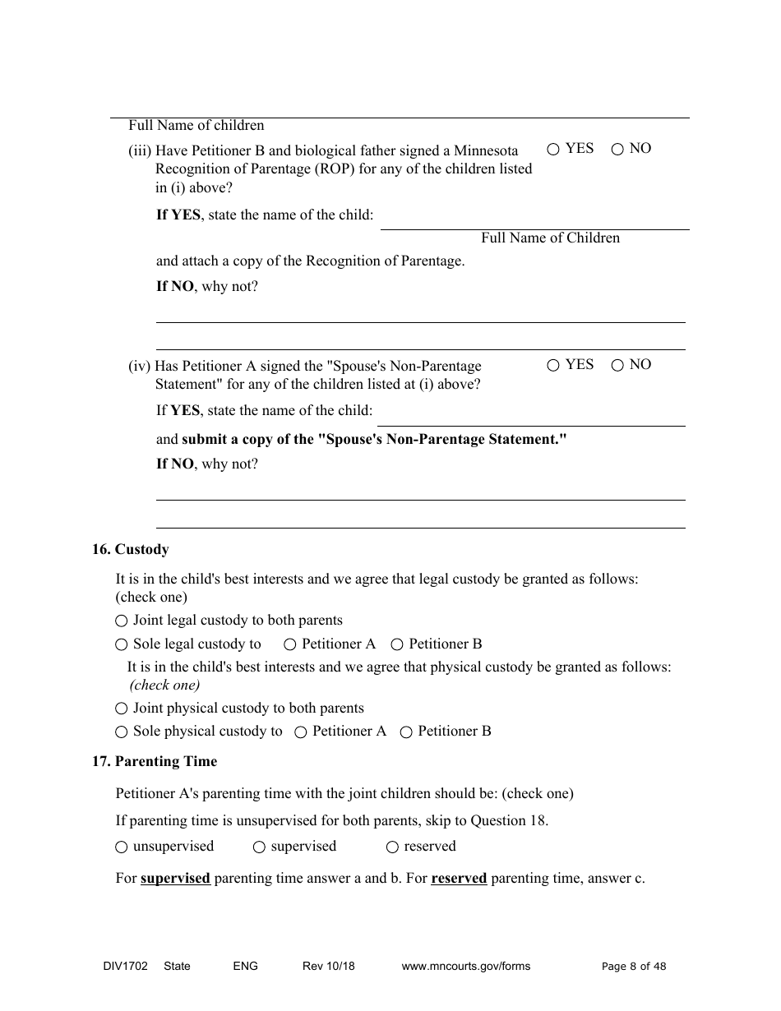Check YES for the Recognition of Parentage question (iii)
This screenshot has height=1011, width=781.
(x=553, y=149)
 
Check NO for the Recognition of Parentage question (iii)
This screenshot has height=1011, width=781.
(x=617, y=149)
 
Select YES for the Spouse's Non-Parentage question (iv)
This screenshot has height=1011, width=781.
(x=553, y=365)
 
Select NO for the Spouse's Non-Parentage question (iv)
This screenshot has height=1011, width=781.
(x=617, y=365)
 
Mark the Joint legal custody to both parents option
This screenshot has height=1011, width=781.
(x=122, y=621)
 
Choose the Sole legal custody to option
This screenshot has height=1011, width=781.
(x=122, y=644)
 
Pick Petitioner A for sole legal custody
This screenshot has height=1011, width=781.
(x=290, y=644)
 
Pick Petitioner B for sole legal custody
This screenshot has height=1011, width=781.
(x=397, y=644)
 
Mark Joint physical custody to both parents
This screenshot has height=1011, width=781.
(x=122, y=709)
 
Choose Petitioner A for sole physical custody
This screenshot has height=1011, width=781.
(x=301, y=732)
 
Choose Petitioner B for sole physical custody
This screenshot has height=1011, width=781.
(x=406, y=732)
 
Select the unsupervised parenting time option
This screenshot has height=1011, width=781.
(x=122, y=847)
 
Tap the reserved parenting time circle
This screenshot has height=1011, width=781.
(x=392, y=847)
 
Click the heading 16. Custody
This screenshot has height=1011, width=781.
(x=130, y=550)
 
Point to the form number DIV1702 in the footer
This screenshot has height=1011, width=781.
(x=120, y=967)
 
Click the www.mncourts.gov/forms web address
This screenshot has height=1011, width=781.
(x=465, y=967)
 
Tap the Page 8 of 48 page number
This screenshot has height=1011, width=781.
(x=634, y=967)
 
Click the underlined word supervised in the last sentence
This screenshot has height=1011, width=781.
(x=175, y=879)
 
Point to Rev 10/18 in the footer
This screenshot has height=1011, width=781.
(x=328, y=967)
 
